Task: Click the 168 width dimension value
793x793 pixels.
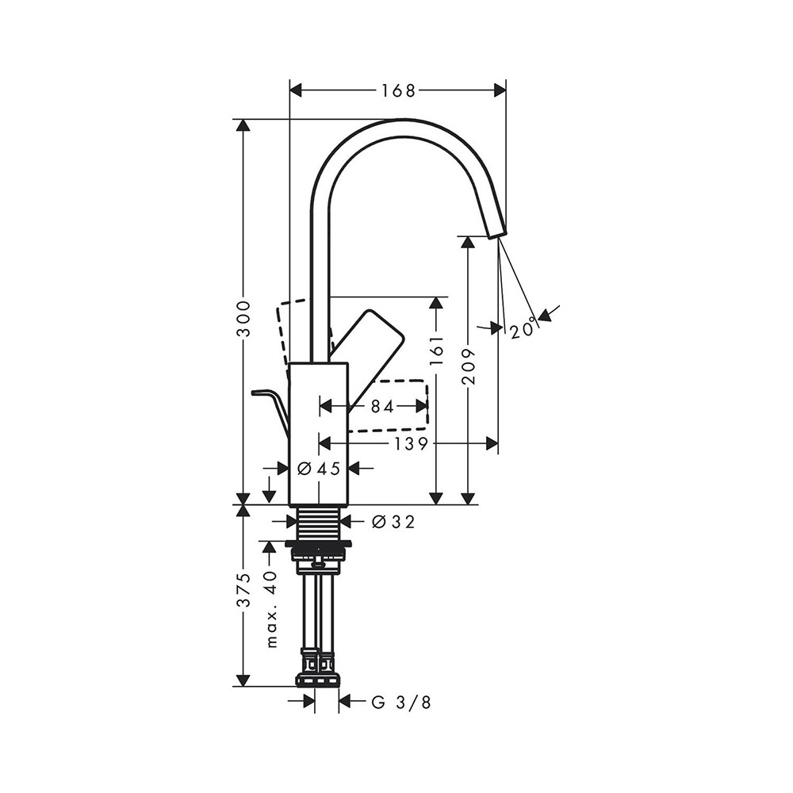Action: tap(398, 90)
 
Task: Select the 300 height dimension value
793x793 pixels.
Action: tap(243, 319)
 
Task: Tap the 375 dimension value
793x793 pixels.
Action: tap(243, 590)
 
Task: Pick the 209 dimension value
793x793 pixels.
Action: tap(469, 366)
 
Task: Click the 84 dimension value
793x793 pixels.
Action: tap(382, 405)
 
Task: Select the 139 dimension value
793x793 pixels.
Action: tap(411, 443)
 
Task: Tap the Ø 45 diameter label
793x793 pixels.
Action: tap(319, 469)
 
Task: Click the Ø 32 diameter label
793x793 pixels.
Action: tap(393, 522)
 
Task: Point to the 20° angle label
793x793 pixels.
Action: tap(523, 330)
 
